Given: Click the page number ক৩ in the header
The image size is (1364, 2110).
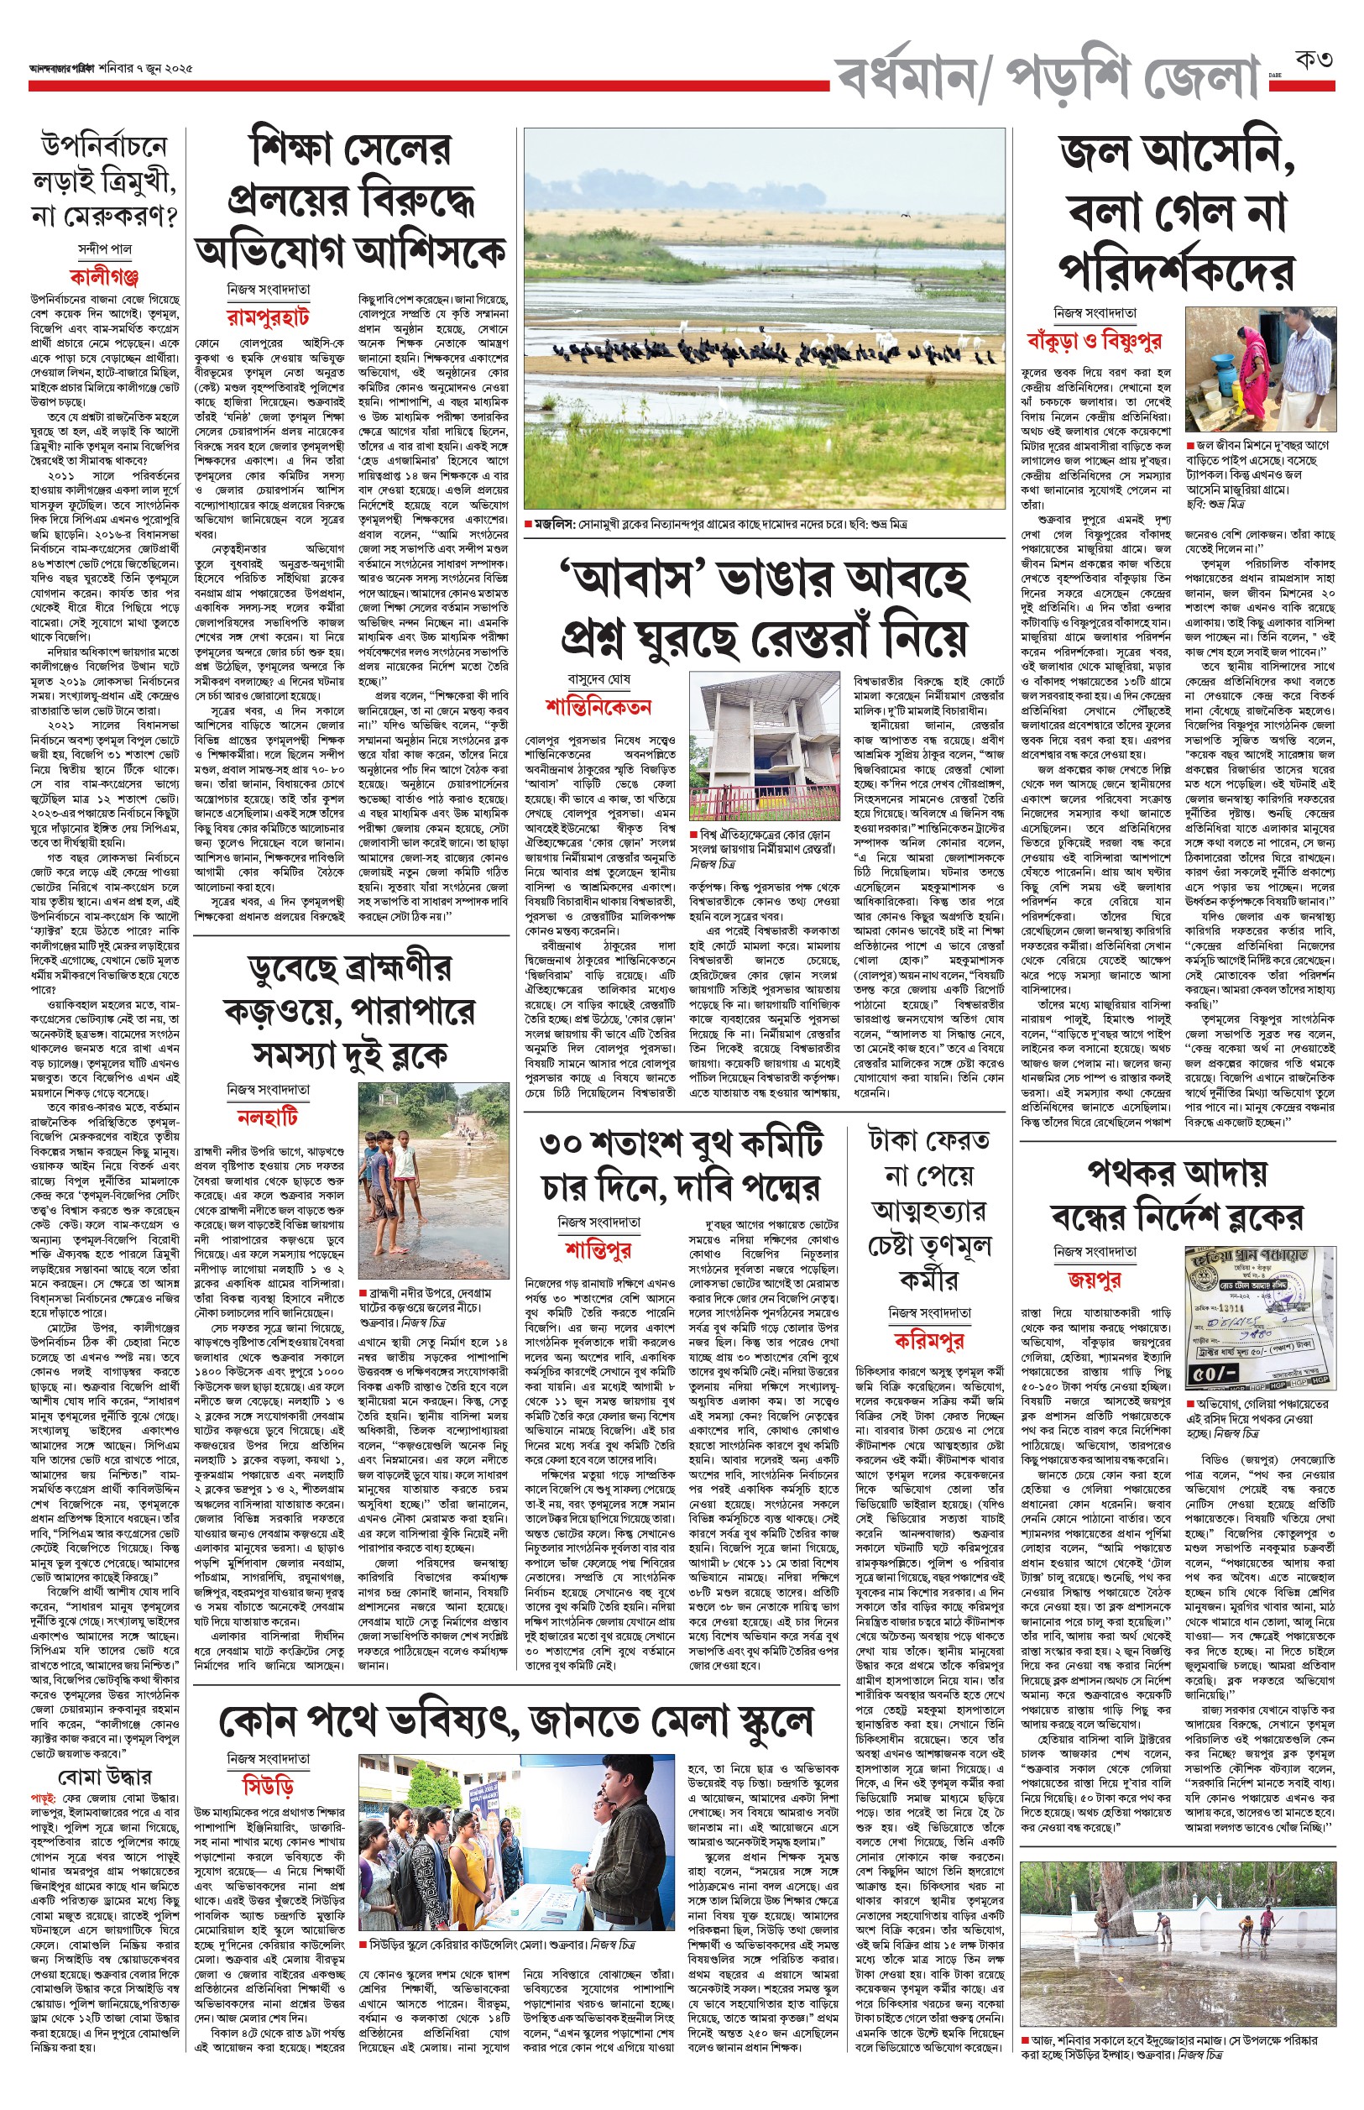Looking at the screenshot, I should [1314, 63].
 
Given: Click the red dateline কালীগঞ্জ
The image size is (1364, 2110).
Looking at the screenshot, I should [105, 276].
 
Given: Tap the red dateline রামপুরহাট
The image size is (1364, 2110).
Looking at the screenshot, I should [268, 316].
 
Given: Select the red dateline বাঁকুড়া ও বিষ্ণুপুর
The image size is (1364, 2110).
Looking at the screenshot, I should [1094, 340].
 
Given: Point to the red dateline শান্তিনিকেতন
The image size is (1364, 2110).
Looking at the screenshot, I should [598, 707].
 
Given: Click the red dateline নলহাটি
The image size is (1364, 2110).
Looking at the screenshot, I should [268, 1117].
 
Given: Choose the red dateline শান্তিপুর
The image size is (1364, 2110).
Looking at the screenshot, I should [598, 1250].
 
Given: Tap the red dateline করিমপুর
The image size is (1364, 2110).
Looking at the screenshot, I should [928, 1340].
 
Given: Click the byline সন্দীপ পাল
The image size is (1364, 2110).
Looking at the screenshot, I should [105, 249].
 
